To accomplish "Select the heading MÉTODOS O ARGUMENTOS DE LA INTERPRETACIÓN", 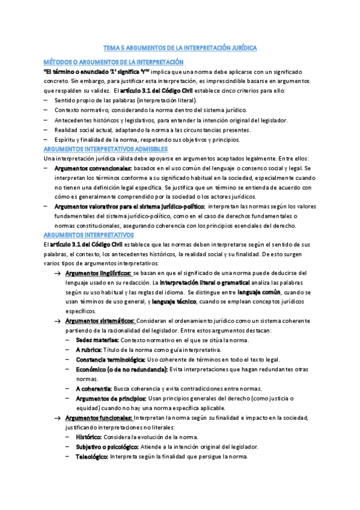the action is click(114, 63).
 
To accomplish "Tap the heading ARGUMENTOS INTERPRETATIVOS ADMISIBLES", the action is click(106, 149).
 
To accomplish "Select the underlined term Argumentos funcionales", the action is click(99, 417).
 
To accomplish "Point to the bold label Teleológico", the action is click(92, 456).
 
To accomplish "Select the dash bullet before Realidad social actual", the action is click(45, 130).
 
